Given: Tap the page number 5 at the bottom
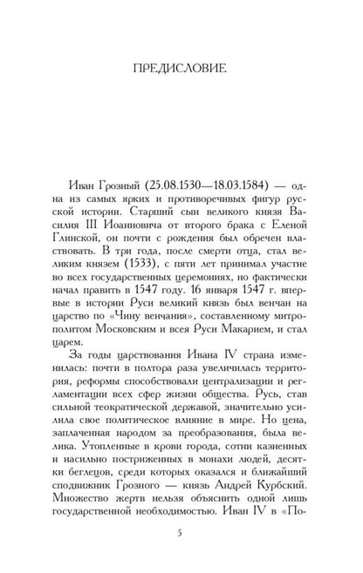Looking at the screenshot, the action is tap(181, 543).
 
